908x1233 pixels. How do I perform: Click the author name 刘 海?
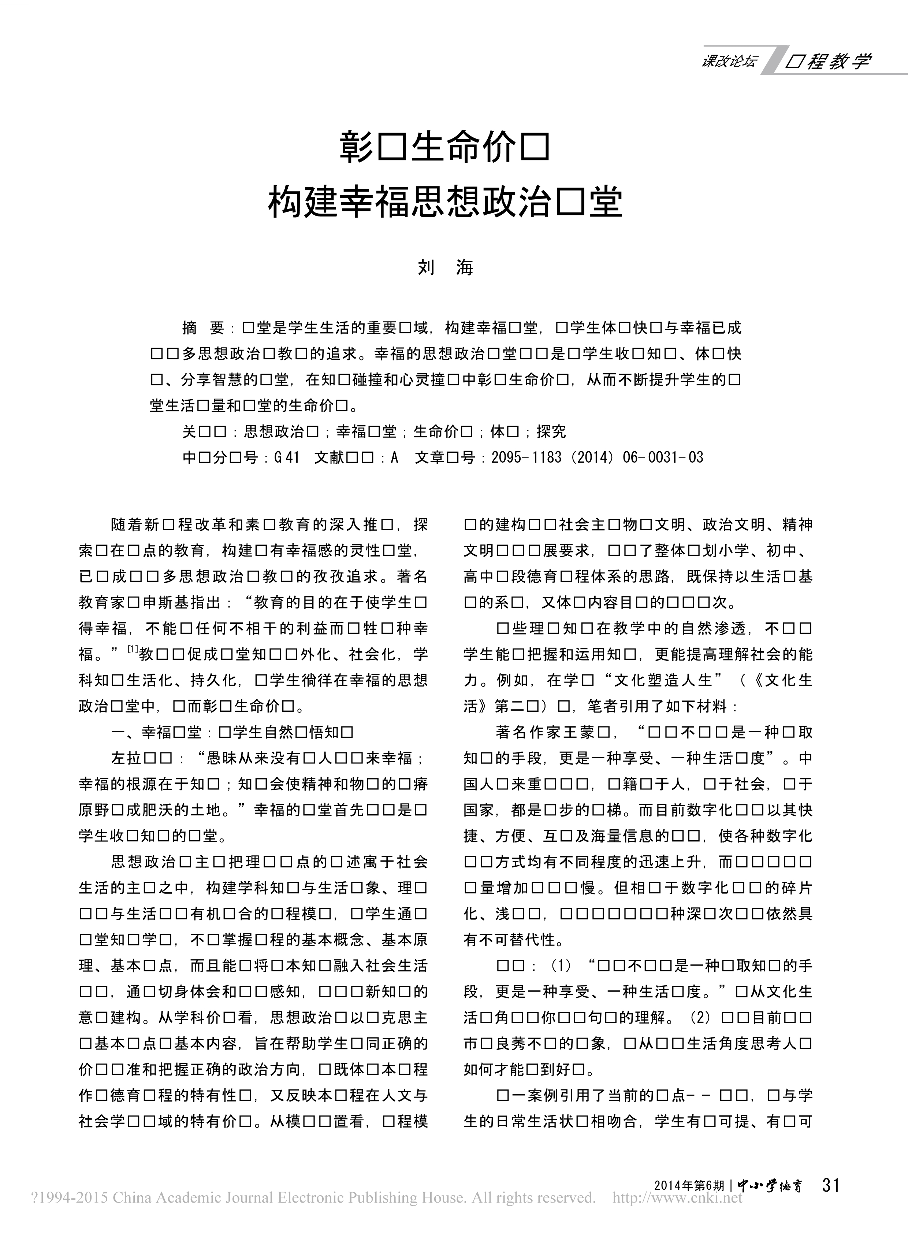point(446,268)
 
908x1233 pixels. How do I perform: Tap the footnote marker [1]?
point(132,651)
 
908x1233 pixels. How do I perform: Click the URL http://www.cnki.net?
point(677,1198)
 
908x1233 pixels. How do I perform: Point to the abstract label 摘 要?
point(203,328)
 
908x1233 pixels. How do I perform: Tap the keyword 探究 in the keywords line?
point(551,432)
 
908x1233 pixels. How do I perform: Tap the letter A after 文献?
point(394,458)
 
